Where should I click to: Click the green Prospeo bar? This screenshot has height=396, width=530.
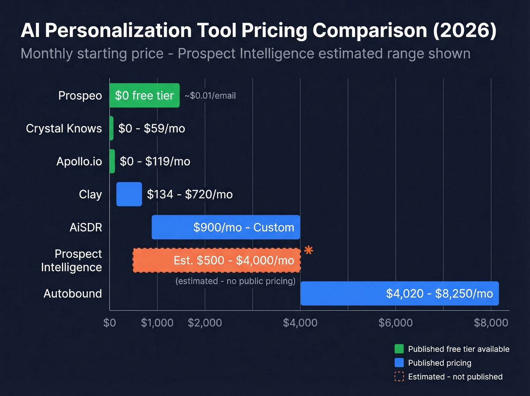tap(144, 95)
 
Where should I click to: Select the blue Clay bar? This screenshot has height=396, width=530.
tap(129, 194)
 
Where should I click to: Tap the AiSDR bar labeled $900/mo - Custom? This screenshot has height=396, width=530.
tap(226, 227)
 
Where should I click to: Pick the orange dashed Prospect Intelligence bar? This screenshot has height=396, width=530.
tap(217, 260)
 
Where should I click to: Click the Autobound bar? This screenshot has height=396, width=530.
tap(399, 293)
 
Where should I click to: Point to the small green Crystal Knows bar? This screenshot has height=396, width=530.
tap(111, 128)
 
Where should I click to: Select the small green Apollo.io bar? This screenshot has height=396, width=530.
tap(112, 161)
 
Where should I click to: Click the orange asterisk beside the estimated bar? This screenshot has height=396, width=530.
tap(309, 250)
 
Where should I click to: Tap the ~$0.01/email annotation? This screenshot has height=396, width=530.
tap(210, 96)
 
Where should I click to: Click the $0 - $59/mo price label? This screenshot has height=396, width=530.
tap(151, 128)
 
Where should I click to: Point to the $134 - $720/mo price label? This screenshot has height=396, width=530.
tap(190, 194)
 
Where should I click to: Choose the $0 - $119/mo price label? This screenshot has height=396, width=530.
tap(155, 161)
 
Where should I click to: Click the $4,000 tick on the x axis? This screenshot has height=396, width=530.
tap(300, 323)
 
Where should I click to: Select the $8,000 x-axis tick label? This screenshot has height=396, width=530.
tap(491, 323)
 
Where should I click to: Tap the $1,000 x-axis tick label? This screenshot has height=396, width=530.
tap(157, 323)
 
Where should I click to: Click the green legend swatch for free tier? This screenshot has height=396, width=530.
tap(399, 349)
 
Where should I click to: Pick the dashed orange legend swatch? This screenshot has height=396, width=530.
tap(399, 377)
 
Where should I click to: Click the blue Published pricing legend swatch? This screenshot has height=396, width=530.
tap(399, 363)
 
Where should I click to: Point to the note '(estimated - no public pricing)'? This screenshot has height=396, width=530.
tap(235, 281)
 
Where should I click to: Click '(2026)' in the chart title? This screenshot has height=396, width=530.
tap(465, 30)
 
